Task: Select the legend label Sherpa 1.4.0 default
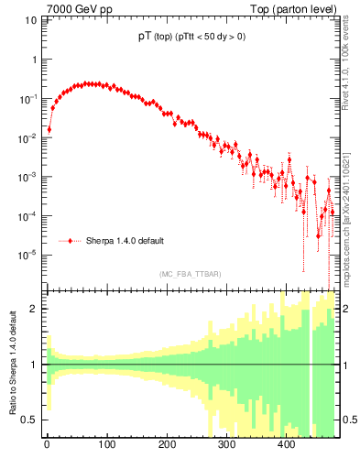pos(125,241)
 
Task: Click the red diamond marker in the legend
pos(71,241)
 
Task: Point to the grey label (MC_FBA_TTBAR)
pos(190,274)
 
